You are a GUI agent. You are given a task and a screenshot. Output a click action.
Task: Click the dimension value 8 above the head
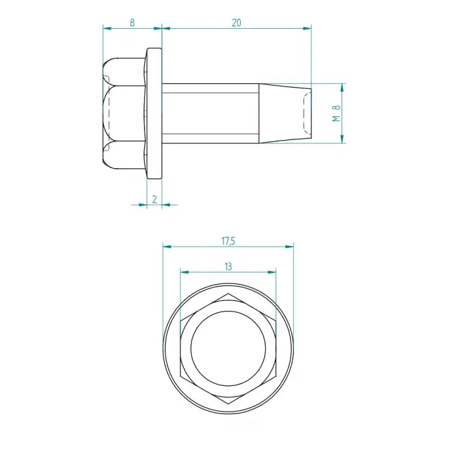coord(132,22)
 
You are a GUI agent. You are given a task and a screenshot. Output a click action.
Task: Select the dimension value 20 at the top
coord(236,22)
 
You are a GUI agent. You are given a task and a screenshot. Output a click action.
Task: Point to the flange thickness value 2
coord(154,199)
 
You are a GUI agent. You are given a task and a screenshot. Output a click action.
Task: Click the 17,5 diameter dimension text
coord(228,241)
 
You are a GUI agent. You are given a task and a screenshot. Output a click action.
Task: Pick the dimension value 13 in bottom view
coord(228,266)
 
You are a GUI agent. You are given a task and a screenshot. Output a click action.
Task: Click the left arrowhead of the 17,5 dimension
coord(166,247)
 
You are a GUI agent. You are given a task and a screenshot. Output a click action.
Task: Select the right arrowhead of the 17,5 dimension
coord(290,247)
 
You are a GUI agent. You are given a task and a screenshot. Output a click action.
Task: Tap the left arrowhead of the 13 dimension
coord(184,272)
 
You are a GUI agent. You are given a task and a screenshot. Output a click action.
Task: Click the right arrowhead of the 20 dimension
coord(308,28)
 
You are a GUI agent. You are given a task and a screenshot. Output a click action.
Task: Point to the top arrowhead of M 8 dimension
coord(342,87)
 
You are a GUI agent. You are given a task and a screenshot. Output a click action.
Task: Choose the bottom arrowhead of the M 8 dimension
coord(342,139)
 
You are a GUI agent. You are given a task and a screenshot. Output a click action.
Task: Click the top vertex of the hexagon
coord(228,294)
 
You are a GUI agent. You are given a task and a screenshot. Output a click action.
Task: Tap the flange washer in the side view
coord(154,113)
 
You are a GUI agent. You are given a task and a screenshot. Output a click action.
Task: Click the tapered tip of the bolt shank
coord(285,113)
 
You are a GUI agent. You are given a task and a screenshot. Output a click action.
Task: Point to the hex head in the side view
coord(124,113)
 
